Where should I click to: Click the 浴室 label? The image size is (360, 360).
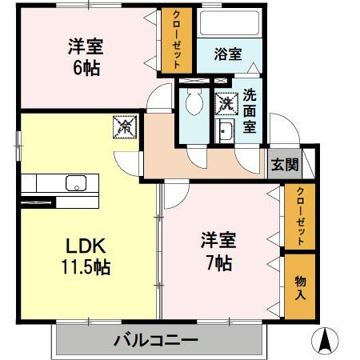pos(228,54)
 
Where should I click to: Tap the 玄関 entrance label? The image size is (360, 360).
pos(284,166)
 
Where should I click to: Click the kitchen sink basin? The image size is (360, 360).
pos(76,182)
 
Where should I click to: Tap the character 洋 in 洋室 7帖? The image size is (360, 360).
pos(207,240)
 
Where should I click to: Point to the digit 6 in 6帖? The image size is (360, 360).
pos(78,68)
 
